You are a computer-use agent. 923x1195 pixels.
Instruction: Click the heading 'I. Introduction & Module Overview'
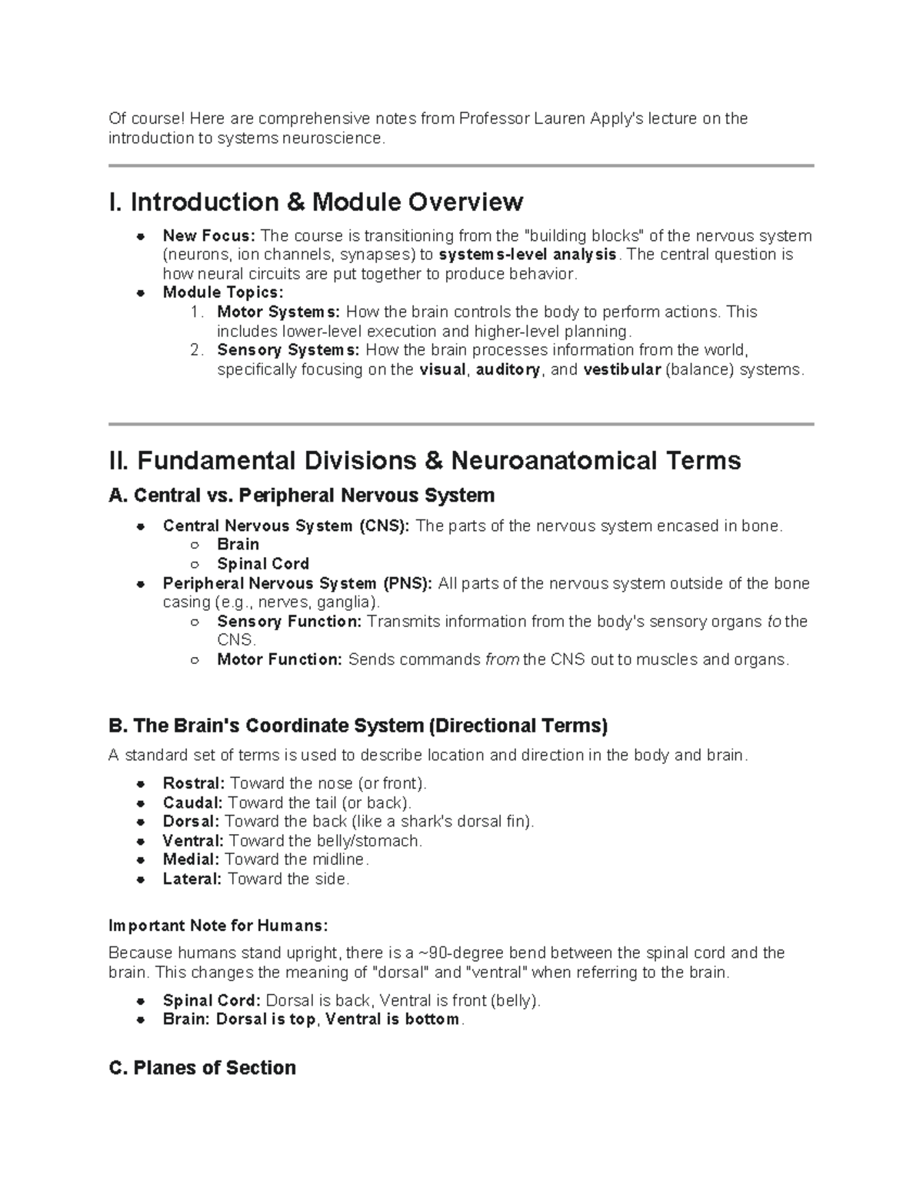(316, 202)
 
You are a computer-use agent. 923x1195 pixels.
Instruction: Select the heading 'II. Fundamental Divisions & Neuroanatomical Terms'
(425, 461)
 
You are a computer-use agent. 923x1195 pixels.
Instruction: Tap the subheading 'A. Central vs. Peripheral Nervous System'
(302, 495)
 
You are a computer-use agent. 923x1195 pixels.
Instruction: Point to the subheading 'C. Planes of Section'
(202, 1067)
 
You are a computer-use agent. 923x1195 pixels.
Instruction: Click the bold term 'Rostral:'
(193, 783)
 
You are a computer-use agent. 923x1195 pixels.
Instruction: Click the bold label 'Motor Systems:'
(278, 312)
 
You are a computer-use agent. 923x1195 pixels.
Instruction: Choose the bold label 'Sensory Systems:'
(288, 350)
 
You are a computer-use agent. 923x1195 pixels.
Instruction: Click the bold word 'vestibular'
(621, 369)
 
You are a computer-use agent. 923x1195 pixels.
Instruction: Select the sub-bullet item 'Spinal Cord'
(263, 564)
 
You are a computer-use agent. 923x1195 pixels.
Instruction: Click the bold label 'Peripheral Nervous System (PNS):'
(298, 583)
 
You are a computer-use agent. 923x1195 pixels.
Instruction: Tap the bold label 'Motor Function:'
(279, 659)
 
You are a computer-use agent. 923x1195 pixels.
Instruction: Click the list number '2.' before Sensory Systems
(197, 350)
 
